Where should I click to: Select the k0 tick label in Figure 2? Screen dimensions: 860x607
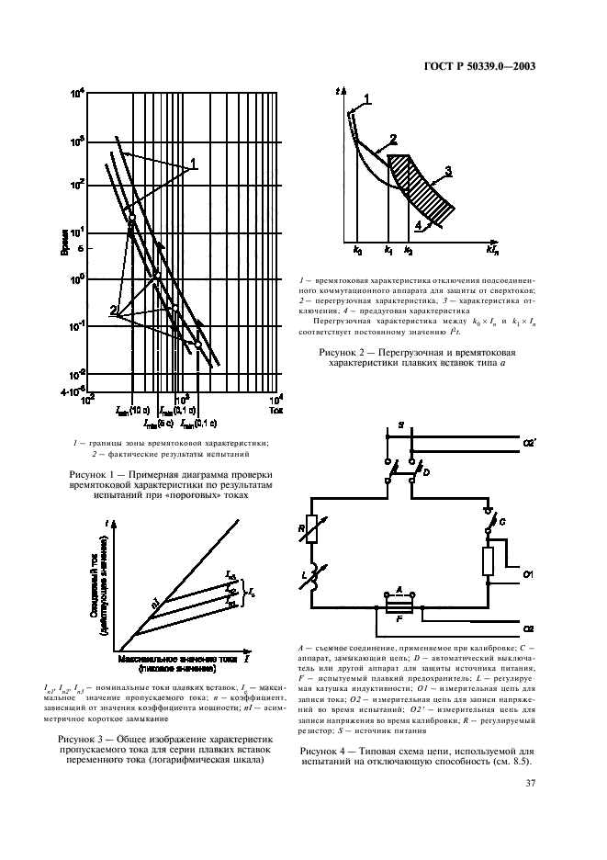[x=358, y=250]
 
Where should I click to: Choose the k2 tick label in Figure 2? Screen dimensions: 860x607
[x=409, y=250]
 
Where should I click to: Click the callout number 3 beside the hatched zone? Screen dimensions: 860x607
[x=448, y=171]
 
